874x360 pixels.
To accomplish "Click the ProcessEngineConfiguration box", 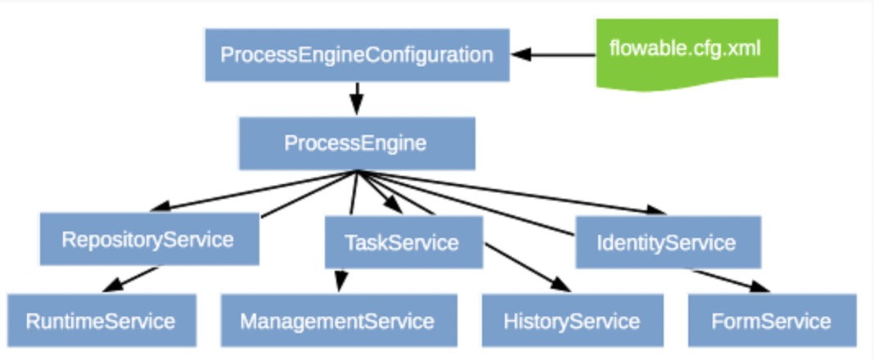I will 357,55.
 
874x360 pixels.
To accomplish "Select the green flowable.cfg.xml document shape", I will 686,50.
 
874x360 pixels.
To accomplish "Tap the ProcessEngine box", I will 356,143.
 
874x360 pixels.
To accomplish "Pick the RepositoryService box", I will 149,239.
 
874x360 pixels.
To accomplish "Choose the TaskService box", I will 403,242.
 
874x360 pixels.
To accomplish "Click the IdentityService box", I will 667,242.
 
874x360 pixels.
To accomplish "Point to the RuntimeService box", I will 101,321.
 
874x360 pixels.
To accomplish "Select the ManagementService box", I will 338,321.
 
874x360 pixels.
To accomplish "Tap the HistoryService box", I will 571,321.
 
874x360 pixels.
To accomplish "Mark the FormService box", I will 771,321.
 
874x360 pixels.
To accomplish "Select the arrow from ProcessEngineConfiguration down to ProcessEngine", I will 356,98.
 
